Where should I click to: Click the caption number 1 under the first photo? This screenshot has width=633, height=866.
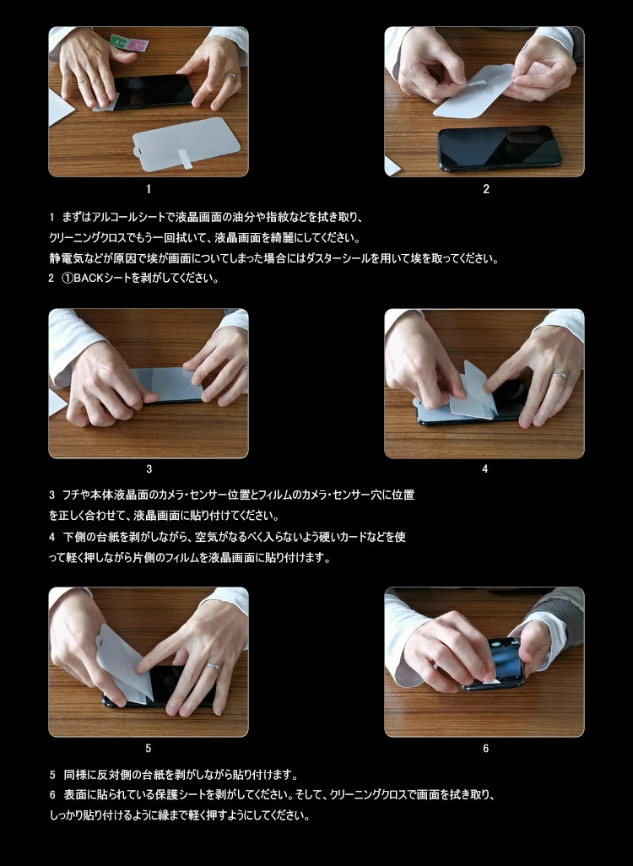(x=149, y=189)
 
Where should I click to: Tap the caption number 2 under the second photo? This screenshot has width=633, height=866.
(x=486, y=189)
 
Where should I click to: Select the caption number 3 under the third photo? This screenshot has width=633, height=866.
(x=149, y=469)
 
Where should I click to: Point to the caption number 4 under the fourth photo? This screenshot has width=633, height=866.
(x=485, y=469)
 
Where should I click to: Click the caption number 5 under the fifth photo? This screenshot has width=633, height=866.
(x=148, y=749)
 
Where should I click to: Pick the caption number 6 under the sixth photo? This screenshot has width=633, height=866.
(x=485, y=749)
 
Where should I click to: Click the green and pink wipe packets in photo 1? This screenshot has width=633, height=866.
(x=129, y=43)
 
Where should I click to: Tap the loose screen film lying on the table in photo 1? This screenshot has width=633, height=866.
(x=187, y=143)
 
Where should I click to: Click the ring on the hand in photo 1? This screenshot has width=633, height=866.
(x=233, y=77)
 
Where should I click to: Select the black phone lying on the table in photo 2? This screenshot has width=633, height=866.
(x=500, y=148)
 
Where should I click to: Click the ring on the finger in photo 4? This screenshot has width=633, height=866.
(x=560, y=376)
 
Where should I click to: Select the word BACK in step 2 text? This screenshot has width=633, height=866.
(x=89, y=279)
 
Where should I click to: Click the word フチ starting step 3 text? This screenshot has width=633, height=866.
(x=71, y=495)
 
